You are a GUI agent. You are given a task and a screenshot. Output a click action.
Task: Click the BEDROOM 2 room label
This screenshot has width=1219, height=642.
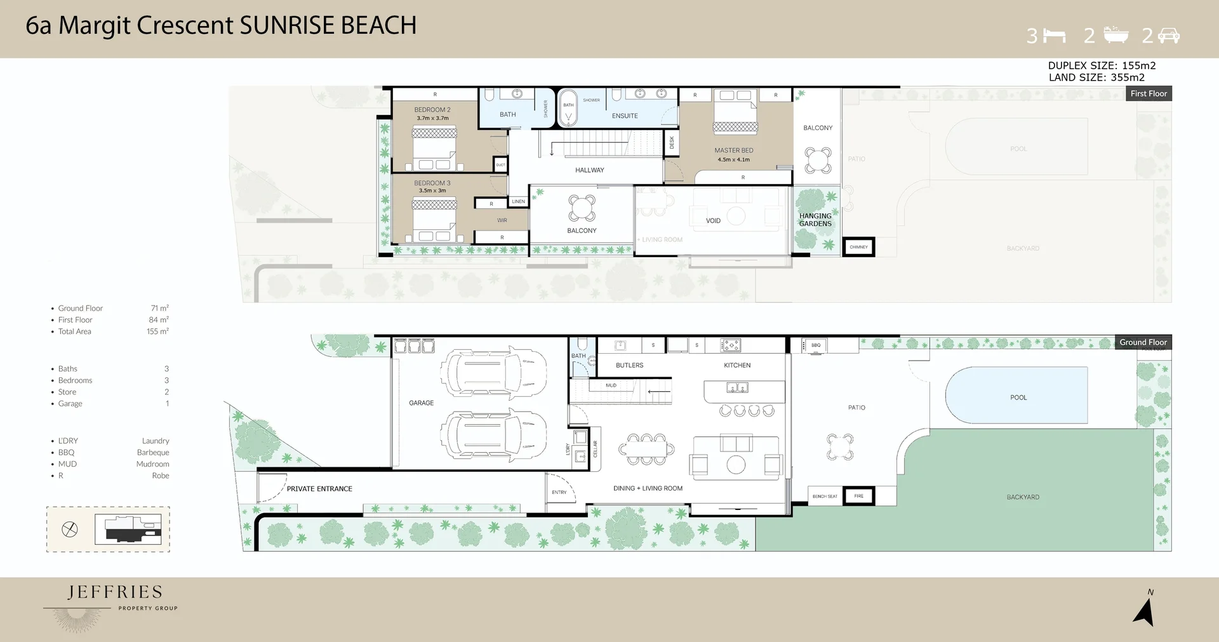pos(432,110)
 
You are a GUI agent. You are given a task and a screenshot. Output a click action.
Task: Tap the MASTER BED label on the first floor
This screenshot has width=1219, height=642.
pos(733,150)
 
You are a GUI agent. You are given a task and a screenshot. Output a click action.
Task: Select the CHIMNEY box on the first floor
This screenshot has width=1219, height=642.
pos(858,247)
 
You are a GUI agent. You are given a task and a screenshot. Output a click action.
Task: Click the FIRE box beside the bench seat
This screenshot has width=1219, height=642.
pos(858,496)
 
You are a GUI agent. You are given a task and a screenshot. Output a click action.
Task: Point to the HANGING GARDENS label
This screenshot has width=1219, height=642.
pos(815,220)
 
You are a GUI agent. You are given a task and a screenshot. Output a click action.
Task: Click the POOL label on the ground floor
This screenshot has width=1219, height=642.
pos(1018,398)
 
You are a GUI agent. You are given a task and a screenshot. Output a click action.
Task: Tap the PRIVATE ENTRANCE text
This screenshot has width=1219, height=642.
pos(319,489)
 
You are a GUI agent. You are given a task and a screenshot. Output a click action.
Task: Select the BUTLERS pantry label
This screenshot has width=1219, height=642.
pos(629,365)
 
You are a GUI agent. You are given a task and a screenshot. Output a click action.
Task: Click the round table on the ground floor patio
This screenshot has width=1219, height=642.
pos(839,447)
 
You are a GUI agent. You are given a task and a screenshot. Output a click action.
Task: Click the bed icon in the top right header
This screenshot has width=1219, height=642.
pos(1055,36)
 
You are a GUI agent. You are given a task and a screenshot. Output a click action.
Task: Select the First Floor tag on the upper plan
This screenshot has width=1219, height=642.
pos(1148,93)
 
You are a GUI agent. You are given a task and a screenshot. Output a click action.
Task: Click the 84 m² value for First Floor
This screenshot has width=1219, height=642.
pos(159,320)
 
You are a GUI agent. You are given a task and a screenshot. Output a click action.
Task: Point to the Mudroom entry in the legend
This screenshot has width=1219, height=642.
pos(152,464)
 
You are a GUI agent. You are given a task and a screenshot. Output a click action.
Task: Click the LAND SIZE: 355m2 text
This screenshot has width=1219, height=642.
pos(1096,77)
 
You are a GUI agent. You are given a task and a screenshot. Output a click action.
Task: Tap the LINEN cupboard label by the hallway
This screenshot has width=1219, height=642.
pos(518,201)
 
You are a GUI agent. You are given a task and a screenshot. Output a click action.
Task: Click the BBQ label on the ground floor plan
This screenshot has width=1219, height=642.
pos(816,345)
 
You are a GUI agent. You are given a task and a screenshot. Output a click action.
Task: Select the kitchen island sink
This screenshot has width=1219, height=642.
pos(736,387)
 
